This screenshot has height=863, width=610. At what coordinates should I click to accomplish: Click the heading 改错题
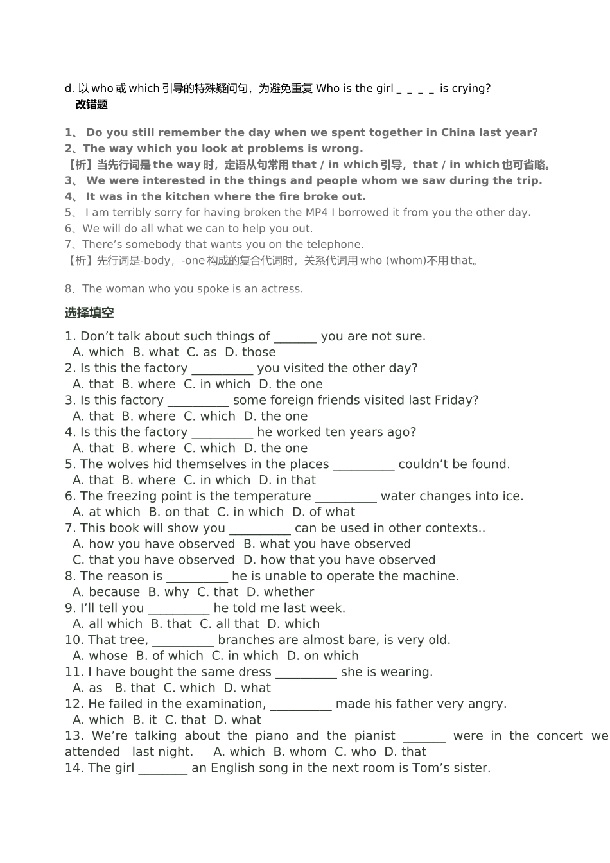[91, 105]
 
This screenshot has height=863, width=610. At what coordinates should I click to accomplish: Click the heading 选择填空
[89, 313]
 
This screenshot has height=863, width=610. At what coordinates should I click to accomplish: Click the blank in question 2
[222, 369]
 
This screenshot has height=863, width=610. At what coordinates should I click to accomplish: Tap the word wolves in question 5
[127, 464]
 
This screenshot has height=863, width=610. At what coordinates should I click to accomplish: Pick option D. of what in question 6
[324, 512]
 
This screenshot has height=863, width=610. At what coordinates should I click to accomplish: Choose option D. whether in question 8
[281, 592]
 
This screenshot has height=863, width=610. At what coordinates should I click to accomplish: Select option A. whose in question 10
[100, 656]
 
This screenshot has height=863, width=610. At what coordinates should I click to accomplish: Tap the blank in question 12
[301, 704]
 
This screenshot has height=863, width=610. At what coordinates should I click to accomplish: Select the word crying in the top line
[469, 89]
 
